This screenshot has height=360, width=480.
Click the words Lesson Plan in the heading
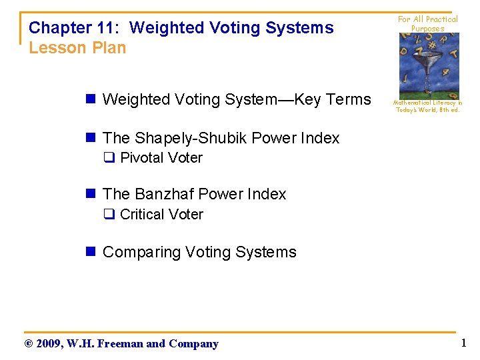point(77,48)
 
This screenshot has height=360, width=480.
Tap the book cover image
point(429,66)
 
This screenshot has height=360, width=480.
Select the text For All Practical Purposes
point(427,24)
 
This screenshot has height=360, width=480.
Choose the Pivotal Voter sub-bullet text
point(161,158)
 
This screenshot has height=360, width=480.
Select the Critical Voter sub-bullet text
point(161,215)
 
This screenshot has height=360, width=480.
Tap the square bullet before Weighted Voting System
point(93,100)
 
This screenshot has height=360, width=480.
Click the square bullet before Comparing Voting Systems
point(93,252)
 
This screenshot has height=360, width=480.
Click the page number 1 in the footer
point(463,343)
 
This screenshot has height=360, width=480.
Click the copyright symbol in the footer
point(28,344)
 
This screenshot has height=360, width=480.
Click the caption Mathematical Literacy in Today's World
point(427,107)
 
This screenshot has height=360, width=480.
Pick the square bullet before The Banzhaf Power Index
point(93,195)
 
